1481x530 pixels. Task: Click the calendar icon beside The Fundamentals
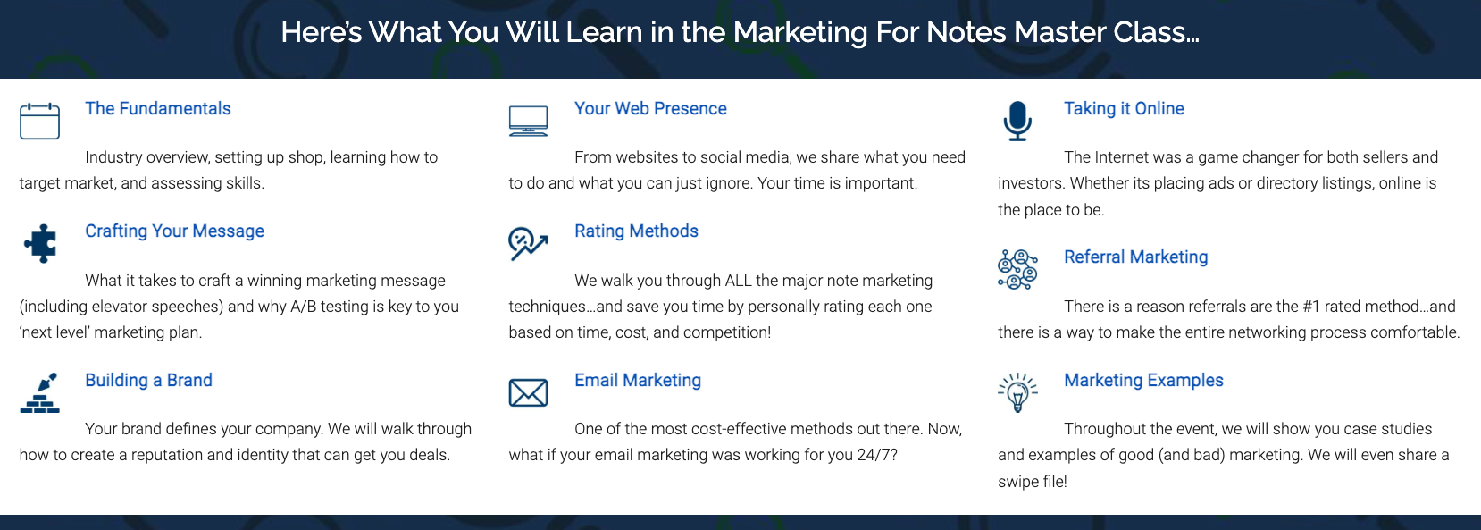pyautogui.click(x=39, y=121)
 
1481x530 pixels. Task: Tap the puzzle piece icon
pyautogui.click(x=40, y=243)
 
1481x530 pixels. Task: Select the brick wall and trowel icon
pyautogui.click(x=39, y=392)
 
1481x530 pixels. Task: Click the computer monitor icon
pyautogui.click(x=528, y=121)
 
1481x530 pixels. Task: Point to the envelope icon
pyautogui.click(x=528, y=393)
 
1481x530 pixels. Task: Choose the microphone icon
pyautogui.click(x=1017, y=121)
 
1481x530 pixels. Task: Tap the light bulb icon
pyautogui.click(x=1017, y=392)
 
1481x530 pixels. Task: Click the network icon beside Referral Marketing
pyautogui.click(x=1017, y=269)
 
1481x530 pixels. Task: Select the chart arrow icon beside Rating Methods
pyautogui.click(x=528, y=243)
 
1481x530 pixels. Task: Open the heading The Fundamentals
pyautogui.click(x=158, y=108)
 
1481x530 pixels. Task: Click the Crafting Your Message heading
pyautogui.click(x=174, y=231)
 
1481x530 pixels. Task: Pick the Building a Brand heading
pyautogui.click(x=149, y=381)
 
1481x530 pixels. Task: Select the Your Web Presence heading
pyautogui.click(x=650, y=108)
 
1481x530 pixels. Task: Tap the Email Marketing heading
pyautogui.click(x=638, y=381)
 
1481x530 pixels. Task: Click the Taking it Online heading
pyautogui.click(x=1124, y=108)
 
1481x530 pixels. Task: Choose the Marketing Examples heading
pyautogui.click(x=1144, y=381)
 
